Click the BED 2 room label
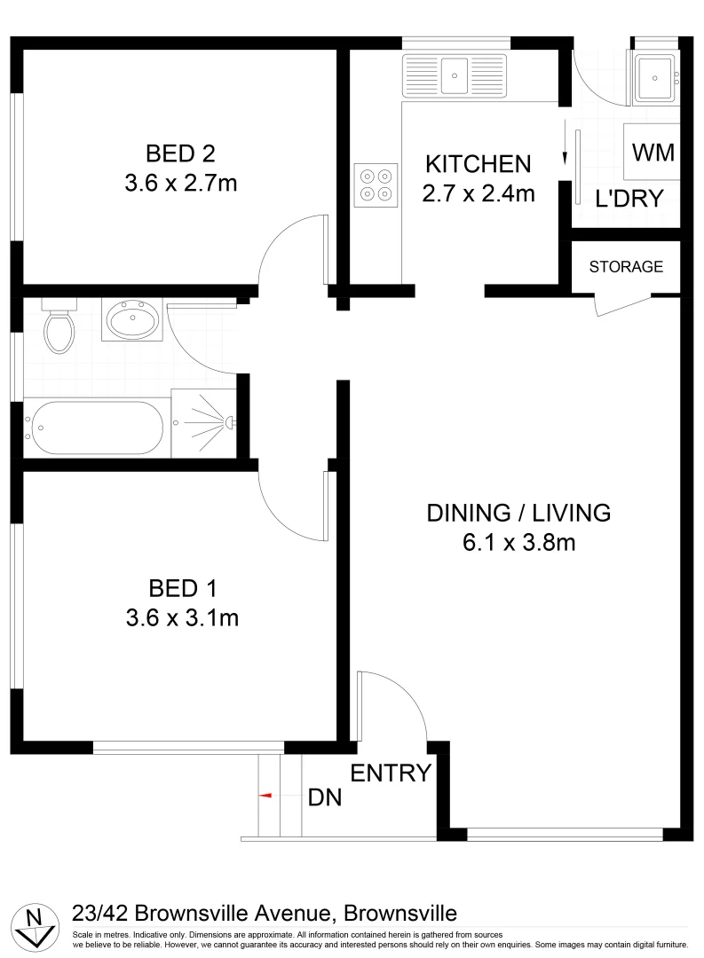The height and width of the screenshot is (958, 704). [x=181, y=153]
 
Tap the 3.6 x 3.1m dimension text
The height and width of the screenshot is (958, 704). [x=182, y=617]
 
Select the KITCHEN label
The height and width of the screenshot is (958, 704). [x=478, y=164]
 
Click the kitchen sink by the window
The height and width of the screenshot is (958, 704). [x=454, y=75]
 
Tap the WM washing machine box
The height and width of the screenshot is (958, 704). [x=653, y=153]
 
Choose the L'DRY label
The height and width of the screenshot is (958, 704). [x=629, y=199]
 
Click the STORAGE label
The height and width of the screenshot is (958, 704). [x=626, y=266]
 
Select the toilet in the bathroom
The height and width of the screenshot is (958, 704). [x=59, y=326]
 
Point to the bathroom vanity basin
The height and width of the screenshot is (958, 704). [x=133, y=319]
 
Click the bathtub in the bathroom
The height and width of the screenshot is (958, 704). [x=94, y=428]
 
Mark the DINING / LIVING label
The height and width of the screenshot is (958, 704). [x=518, y=513]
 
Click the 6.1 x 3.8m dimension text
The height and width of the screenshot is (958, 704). [x=518, y=542]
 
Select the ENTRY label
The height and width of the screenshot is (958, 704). [x=391, y=773]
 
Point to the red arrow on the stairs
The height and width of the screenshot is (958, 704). [x=265, y=796]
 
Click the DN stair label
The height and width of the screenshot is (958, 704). [x=325, y=797]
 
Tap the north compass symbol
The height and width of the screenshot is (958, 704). [x=35, y=926]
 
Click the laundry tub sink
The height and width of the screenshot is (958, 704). [x=655, y=75]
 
